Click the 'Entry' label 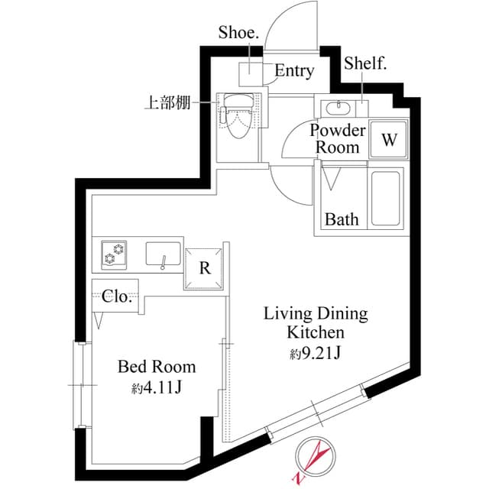[294, 71]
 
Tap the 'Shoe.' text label [239, 32]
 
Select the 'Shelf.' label [365, 63]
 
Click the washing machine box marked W [389, 139]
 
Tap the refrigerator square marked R [204, 268]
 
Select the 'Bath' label [342, 219]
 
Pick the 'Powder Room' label [338, 138]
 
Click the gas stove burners [116, 254]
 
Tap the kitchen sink [163, 254]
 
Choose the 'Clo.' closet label [117, 297]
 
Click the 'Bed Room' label [157, 367]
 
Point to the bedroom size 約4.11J [156, 387]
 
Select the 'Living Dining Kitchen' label [316, 322]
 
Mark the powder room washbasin [341, 107]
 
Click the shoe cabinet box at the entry [251, 73]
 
